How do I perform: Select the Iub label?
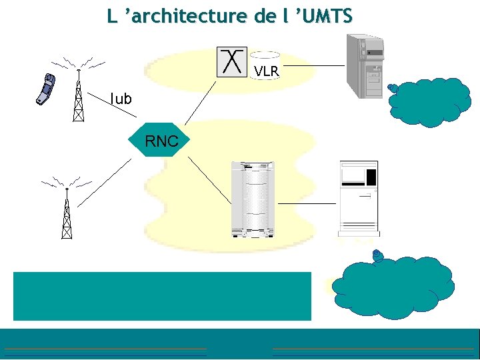(121, 99)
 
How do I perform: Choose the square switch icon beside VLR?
(232, 61)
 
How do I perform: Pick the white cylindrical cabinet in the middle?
(253, 198)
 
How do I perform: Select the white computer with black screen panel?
(358, 197)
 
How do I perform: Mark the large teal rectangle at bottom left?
(162, 296)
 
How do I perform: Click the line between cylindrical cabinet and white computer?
(307, 203)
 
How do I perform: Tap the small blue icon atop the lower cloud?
(378, 255)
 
